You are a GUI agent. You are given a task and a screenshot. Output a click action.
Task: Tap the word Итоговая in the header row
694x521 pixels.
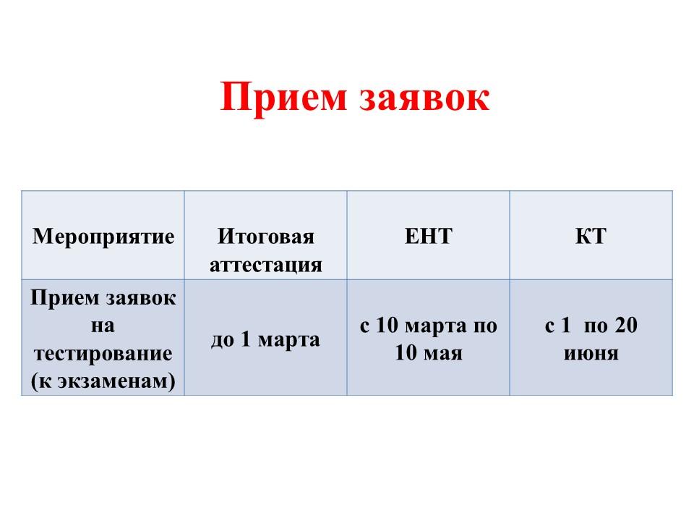[266, 236]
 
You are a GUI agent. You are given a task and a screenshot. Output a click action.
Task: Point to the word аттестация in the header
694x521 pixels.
[266, 266]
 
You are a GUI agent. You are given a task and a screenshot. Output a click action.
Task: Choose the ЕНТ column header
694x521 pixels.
[429, 236]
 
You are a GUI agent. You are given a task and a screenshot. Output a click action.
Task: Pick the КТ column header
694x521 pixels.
[591, 236]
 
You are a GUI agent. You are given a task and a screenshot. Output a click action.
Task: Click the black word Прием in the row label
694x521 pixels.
[65, 297]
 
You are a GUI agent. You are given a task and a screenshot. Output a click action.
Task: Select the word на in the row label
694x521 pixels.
[103, 326]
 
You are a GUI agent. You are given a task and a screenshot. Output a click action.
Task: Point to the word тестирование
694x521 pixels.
[103, 354]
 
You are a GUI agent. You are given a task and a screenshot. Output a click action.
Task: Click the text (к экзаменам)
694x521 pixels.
[103, 381]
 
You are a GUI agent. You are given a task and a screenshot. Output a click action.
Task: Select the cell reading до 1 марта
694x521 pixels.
[265, 340]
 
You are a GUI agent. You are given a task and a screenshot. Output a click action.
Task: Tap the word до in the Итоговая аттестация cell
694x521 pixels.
[222, 340]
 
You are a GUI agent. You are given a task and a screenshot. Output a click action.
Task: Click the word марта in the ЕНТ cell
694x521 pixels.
[436, 326]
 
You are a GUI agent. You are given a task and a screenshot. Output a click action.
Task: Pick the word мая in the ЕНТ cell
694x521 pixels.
[443, 354]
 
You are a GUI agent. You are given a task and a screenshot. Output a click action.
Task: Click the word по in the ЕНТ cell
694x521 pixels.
[486, 326]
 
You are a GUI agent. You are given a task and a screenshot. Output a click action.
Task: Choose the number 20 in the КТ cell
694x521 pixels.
[626, 325]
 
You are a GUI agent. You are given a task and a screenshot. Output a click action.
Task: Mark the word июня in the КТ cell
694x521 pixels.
[591, 354]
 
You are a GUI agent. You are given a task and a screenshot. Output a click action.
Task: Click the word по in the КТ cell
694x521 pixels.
[596, 326]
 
